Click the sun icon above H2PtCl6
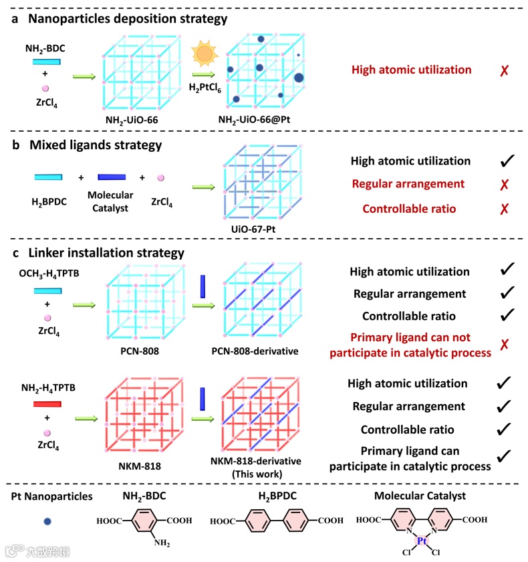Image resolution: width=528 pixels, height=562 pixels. (203, 54)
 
